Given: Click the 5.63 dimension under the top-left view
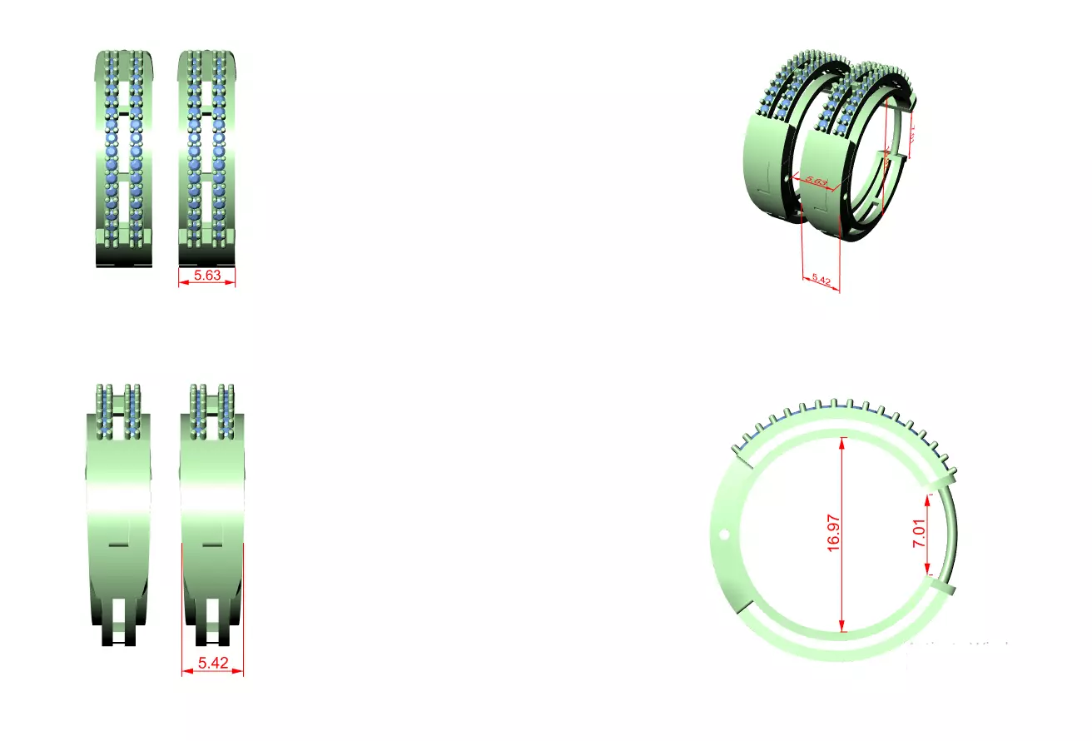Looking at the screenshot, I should click(207, 275).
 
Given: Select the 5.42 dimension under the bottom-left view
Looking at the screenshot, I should click(212, 664).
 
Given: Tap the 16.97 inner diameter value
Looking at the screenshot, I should click(835, 534).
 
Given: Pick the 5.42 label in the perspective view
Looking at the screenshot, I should click(821, 281).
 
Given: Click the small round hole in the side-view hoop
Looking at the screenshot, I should click(724, 534).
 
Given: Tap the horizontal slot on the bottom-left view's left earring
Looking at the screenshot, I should click(119, 544).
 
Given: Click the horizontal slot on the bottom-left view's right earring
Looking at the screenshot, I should click(212, 544).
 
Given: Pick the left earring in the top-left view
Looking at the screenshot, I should click(124, 158).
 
